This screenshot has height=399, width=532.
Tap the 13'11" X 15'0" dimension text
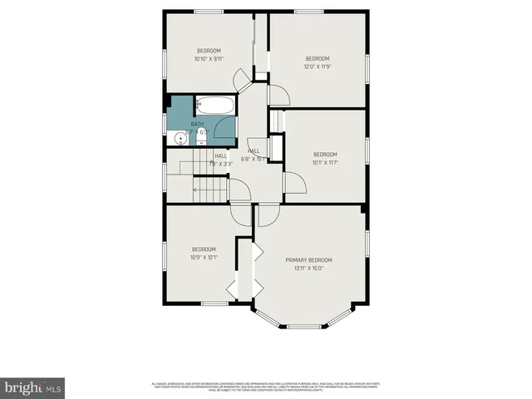[308, 268]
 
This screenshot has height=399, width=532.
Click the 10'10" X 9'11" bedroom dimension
[209, 59]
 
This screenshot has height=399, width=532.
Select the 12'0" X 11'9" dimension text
[318, 67]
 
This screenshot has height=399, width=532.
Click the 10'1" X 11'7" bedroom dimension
[325, 163]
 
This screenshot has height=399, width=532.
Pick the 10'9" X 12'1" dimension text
[204, 258]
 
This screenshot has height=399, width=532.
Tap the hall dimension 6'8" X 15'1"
[253, 159]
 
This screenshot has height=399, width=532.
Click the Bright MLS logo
[33, 387]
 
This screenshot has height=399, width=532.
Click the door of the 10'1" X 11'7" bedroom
[293, 183]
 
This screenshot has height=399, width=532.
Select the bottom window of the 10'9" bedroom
[214, 303]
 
